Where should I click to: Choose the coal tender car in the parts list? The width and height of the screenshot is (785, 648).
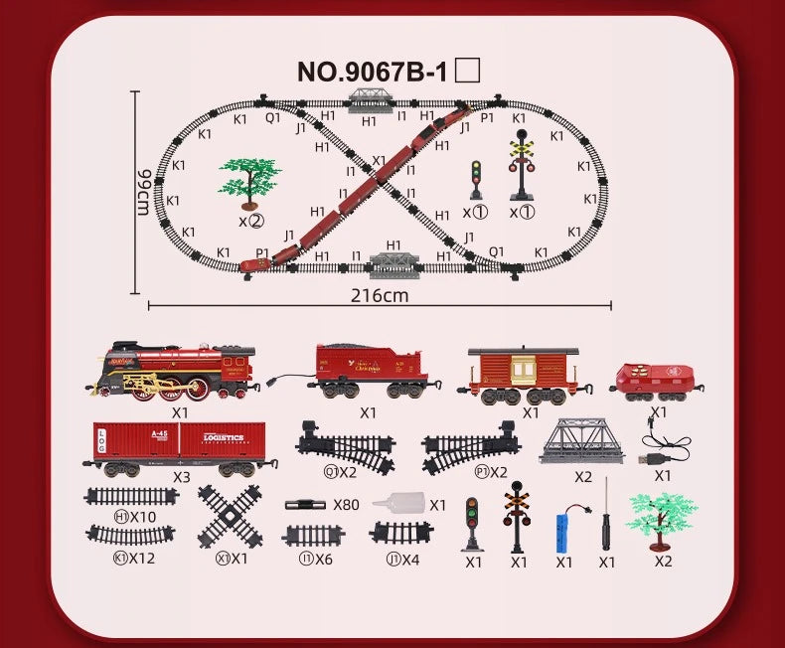367,371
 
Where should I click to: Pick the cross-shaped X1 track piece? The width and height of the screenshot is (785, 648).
230,515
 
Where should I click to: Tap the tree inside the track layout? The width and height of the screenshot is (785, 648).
249,183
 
